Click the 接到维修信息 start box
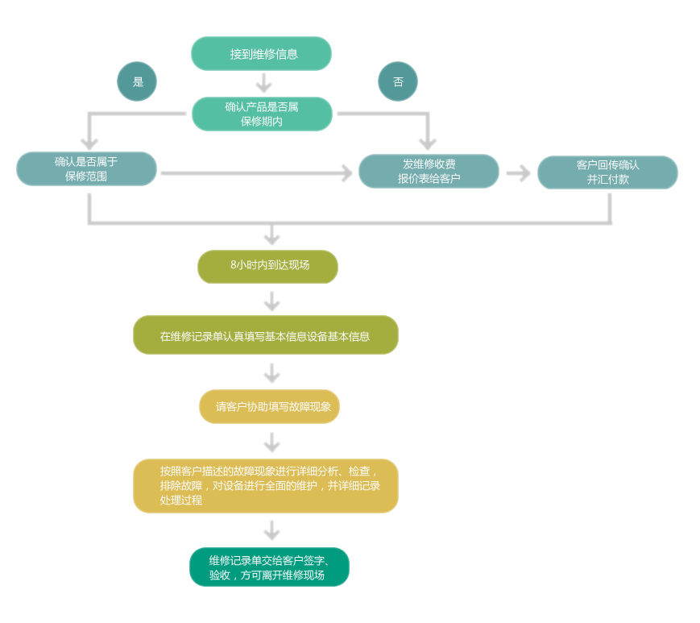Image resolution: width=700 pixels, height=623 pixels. coord(261,54)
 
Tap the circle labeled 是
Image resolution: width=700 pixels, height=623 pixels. coord(137,81)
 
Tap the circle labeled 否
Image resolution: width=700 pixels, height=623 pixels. coord(398,81)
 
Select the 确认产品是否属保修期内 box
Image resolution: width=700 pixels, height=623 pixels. coord(262,114)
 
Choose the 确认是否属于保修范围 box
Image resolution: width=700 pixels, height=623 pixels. coord(86,168)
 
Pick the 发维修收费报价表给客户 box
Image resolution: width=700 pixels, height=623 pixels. coord(429,171)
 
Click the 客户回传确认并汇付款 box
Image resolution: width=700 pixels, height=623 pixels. coord(607,172)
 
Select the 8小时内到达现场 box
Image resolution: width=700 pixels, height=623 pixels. coord(267,267)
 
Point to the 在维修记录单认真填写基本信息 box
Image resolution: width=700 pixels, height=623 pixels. coord(265,335)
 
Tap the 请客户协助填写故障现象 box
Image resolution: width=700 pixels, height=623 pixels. coord(269,406)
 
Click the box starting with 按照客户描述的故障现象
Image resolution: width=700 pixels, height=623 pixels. coord(265,486)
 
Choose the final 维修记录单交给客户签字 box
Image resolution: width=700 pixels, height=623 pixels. coord(269,567)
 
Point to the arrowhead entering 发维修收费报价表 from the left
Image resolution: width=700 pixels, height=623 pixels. coord(346,173)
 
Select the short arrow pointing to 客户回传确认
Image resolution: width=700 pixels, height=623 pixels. coord(519,173)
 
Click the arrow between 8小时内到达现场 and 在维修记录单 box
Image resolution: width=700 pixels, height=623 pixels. coord(271,302)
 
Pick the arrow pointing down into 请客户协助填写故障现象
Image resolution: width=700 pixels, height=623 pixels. coord(271,374)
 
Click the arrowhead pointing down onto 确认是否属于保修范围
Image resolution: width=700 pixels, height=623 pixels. coord(89,143)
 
